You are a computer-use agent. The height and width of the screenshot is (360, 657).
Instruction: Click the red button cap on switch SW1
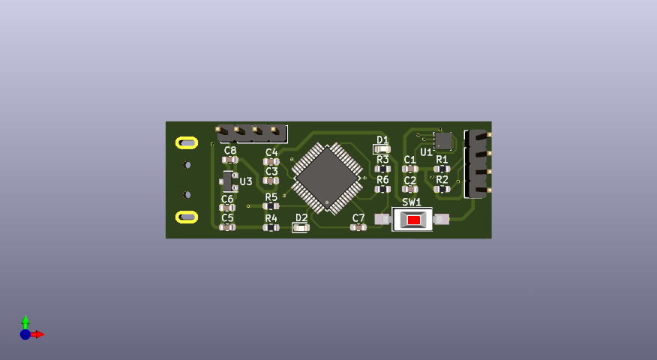point(414,220)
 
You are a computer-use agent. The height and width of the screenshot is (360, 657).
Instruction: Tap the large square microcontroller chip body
point(327,178)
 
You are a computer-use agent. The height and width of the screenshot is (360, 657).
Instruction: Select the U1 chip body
point(443,141)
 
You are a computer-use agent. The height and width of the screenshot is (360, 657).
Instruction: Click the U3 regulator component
point(228,181)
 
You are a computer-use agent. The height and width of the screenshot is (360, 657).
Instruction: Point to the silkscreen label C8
point(230,151)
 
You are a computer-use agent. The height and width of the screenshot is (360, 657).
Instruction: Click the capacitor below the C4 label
point(271,162)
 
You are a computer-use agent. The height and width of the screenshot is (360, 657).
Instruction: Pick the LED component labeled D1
point(382,148)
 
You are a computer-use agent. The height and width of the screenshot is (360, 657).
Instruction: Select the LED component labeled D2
point(301,227)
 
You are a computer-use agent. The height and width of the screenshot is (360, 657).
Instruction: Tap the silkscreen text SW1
point(412,202)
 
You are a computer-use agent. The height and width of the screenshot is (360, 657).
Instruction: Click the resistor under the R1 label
point(442,169)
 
